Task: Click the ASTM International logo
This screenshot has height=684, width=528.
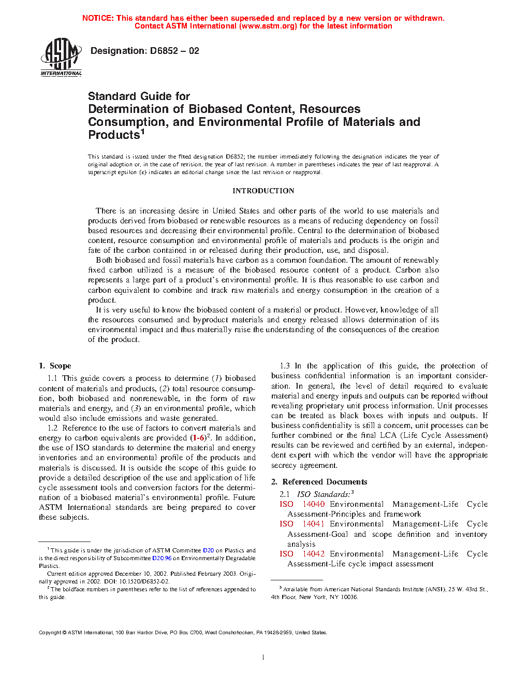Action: coord(61,57)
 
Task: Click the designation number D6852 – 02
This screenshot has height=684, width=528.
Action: coord(174,51)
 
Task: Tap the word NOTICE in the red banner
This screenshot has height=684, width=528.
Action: coord(98,18)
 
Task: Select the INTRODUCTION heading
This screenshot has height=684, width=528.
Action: coord(263,191)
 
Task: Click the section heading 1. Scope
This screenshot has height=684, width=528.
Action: coord(55,366)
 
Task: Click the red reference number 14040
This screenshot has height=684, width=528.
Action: coord(314,504)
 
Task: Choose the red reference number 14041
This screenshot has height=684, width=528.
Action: coord(314,524)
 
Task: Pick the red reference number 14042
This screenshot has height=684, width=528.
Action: coord(314,554)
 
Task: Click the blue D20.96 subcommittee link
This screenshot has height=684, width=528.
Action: coord(162,558)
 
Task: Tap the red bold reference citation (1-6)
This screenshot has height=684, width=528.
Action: coord(198,438)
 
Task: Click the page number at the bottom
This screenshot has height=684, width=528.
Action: coord(263,658)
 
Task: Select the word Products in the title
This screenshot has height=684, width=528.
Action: coord(114,135)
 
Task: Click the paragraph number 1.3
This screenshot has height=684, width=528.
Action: coord(285,366)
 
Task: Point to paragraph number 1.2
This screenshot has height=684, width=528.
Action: coord(52,428)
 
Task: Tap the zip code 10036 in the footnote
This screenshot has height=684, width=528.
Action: coord(349,597)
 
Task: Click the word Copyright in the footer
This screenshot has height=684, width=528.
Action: coord(50,632)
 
